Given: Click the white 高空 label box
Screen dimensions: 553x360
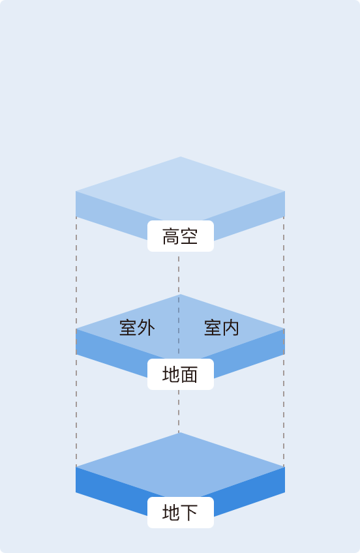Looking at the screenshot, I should pyautogui.click(x=181, y=236).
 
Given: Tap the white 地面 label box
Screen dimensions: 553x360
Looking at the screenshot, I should pyautogui.click(x=181, y=374).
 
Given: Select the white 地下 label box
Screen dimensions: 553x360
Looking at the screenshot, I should pyautogui.click(x=181, y=513).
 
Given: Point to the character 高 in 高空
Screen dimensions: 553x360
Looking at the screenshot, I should pyautogui.click(x=171, y=236).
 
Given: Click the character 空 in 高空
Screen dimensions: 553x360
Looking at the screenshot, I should pyautogui.click(x=189, y=236).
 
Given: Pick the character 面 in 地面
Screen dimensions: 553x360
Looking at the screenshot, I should pyautogui.click(x=189, y=374).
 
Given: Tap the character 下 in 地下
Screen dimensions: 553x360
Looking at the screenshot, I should pyautogui.click(x=189, y=513).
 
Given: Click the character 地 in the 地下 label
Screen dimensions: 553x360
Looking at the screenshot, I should pyautogui.click(x=171, y=513).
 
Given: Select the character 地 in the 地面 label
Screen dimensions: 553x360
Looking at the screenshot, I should pyautogui.click(x=171, y=374).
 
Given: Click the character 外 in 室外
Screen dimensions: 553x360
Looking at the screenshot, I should pyautogui.click(x=146, y=327).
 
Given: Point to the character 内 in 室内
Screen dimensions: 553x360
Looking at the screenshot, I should pyautogui.click(x=231, y=328).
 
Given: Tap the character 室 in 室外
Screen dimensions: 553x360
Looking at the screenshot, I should pyautogui.click(x=128, y=327).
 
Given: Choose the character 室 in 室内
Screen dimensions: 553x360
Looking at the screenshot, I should pyautogui.click(x=213, y=328).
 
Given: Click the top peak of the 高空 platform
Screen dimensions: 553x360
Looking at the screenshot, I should pyautogui.click(x=181, y=158).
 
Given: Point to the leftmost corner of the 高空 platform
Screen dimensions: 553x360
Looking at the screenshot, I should pyautogui.click(x=77, y=192).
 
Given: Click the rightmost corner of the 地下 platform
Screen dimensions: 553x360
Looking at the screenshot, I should pyautogui.click(x=284, y=467).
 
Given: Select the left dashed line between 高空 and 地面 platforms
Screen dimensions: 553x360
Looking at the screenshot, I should pyautogui.click(x=76, y=274).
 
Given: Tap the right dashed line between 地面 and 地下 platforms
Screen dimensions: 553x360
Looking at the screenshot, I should pyautogui.click(x=284, y=411).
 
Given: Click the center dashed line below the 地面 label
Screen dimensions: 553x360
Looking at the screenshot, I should pyautogui.click(x=179, y=411).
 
